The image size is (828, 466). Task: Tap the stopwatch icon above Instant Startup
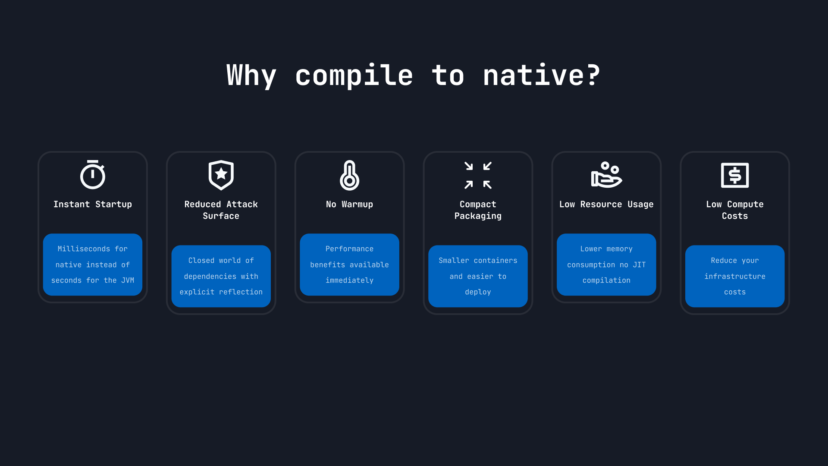pos(92,175)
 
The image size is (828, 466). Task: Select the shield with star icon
pos(221,175)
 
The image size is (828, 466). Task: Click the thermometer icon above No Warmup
pos(349,175)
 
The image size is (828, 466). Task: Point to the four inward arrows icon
pos(478,175)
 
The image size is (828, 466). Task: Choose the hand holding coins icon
pos(606,175)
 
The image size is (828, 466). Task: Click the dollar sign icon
pos(735,175)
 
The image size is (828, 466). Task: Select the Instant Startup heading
pos(92,204)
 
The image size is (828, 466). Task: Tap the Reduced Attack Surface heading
pos(221,210)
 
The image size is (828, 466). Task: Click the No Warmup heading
pos(349,204)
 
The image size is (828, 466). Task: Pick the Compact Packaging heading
pos(478,210)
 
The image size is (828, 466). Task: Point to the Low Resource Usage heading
pos(606,204)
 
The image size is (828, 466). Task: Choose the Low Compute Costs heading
pos(735,210)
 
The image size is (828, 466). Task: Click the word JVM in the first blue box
pos(128,280)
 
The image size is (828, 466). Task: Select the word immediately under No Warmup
pos(349,280)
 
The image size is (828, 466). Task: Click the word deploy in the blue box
pos(478,292)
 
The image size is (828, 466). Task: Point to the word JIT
pos(639,264)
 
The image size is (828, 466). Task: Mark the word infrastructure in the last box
pos(735,276)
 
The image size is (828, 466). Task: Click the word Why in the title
pos(251,76)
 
